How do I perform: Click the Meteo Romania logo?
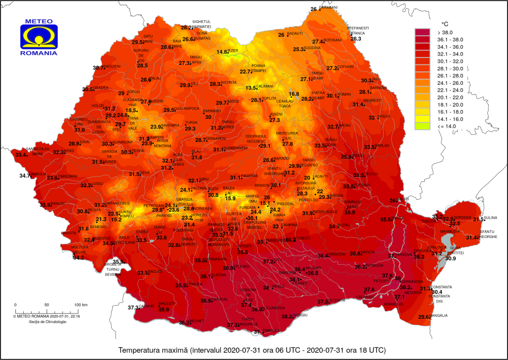coord(38,38)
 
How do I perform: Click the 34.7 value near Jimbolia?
coord(25,175)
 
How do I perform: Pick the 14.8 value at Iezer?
coord(222,52)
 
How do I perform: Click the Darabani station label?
coord(328,8)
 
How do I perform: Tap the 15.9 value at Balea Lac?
coord(230,198)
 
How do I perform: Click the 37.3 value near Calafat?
coord(133,307)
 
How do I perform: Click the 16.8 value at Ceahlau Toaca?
coord(294,94)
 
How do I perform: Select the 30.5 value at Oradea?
coord(88,89)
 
